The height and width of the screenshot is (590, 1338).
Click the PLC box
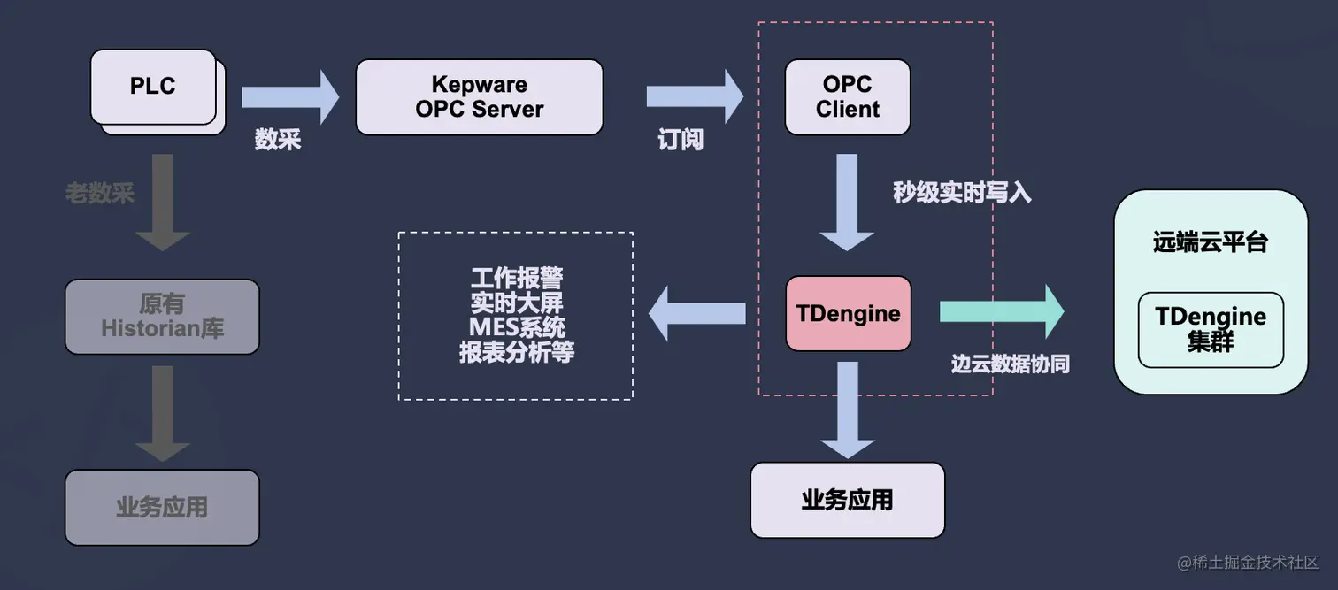click(153, 87)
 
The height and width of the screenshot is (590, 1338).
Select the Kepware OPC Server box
click(479, 97)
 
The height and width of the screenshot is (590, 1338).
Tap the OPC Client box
click(847, 97)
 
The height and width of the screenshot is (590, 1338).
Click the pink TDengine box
click(848, 313)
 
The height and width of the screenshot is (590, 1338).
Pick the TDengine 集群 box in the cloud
click(1210, 329)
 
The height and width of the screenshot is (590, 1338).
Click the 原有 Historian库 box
click(162, 317)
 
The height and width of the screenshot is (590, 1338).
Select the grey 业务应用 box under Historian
click(162, 507)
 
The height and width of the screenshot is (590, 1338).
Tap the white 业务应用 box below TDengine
click(847, 500)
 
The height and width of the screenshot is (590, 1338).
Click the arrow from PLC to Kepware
click(289, 96)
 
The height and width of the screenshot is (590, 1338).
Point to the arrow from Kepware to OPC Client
click(695, 96)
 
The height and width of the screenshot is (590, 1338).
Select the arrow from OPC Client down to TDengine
click(847, 202)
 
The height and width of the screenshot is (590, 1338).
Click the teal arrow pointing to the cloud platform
click(1001, 311)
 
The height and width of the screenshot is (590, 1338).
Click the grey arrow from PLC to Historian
click(162, 202)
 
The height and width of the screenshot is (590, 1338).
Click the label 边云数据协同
click(1010, 364)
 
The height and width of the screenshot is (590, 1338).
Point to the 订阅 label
click(680, 140)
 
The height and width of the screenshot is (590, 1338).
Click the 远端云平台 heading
click(1210, 242)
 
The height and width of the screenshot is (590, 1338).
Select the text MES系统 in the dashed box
click(516, 327)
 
